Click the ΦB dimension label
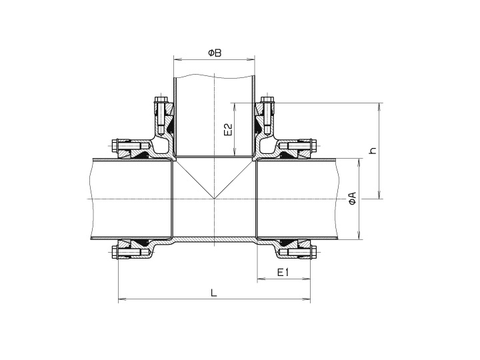[x=214, y=51]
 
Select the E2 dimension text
[x=227, y=129]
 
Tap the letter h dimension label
[x=373, y=150]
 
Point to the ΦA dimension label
[x=351, y=199]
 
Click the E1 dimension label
[x=283, y=273]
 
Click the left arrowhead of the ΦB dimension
[x=177, y=59]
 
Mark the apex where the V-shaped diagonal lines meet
[x=214, y=199]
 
